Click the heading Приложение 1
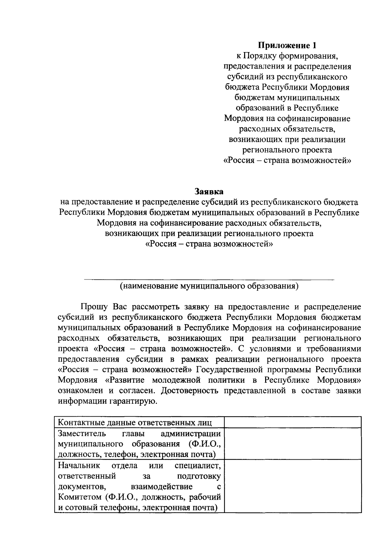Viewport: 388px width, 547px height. click(x=287, y=45)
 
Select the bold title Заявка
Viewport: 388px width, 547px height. click(x=209, y=191)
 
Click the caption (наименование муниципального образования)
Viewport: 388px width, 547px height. click(x=209, y=286)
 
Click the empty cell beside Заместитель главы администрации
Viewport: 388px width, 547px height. click(x=293, y=444)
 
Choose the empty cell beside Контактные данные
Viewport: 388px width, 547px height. click(x=293, y=422)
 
